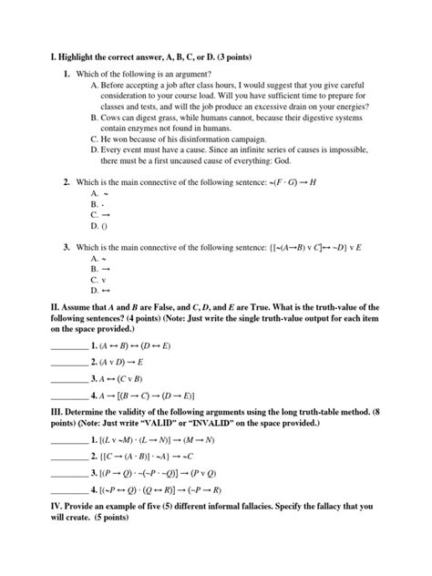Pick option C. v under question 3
98,279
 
